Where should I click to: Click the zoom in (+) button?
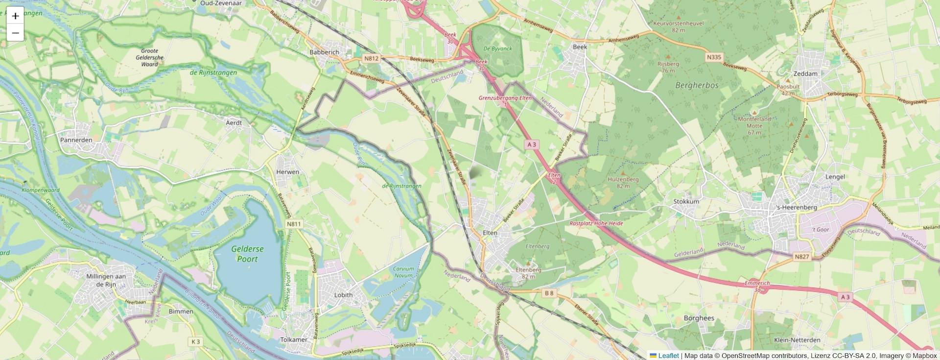point(15,16)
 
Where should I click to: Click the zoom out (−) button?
point(15,33)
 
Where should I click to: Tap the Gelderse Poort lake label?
point(247,254)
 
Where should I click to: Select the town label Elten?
point(490,233)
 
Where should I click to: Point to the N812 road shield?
point(371,59)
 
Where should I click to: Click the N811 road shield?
point(294,224)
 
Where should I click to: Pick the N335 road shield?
point(714,57)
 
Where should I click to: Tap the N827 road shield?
point(801,257)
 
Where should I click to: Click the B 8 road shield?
point(549,293)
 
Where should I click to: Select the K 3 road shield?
point(196,341)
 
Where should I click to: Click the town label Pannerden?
point(76,140)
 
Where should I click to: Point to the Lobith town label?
point(343,295)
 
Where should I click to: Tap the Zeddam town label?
point(805,73)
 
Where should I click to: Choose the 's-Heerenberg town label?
point(797,207)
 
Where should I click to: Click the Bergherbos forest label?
point(697,85)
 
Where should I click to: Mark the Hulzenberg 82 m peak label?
point(623,182)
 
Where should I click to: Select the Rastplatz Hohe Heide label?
point(596,223)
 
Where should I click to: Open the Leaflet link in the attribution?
point(668,356)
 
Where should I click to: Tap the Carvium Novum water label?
point(403,272)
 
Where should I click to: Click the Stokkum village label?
point(686,201)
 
